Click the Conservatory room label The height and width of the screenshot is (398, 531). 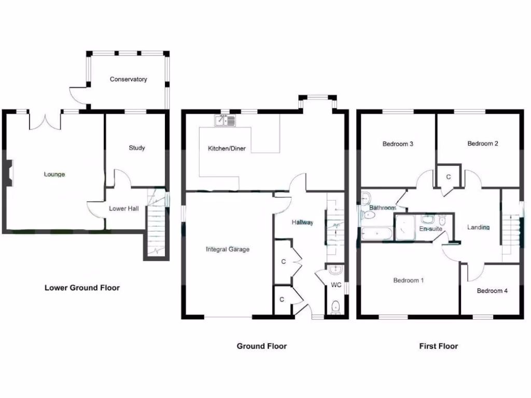(x=128, y=79)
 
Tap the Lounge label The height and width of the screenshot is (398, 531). (x=54, y=174)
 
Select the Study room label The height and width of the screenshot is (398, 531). (x=137, y=148)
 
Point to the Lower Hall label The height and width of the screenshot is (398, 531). (x=123, y=209)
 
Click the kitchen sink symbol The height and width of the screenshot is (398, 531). (x=225, y=121)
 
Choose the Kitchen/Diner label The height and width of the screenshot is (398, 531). (x=227, y=149)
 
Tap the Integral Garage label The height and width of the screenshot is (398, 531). (x=228, y=249)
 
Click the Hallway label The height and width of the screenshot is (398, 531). (x=302, y=222)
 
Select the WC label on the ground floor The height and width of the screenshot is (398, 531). (x=336, y=285)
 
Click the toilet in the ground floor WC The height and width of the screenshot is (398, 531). (x=335, y=306)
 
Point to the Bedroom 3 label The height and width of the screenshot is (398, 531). (x=398, y=144)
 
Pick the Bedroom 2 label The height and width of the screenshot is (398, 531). (x=483, y=144)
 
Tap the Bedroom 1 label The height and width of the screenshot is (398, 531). (x=409, y=280)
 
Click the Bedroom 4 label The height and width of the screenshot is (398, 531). (x=492, y=291)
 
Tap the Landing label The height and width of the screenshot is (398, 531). (x=478, y=227)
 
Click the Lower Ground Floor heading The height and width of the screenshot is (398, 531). (x=82, y=288)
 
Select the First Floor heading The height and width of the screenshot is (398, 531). (x=439, y=346)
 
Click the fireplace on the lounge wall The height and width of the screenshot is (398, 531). (x=9, y=172)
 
